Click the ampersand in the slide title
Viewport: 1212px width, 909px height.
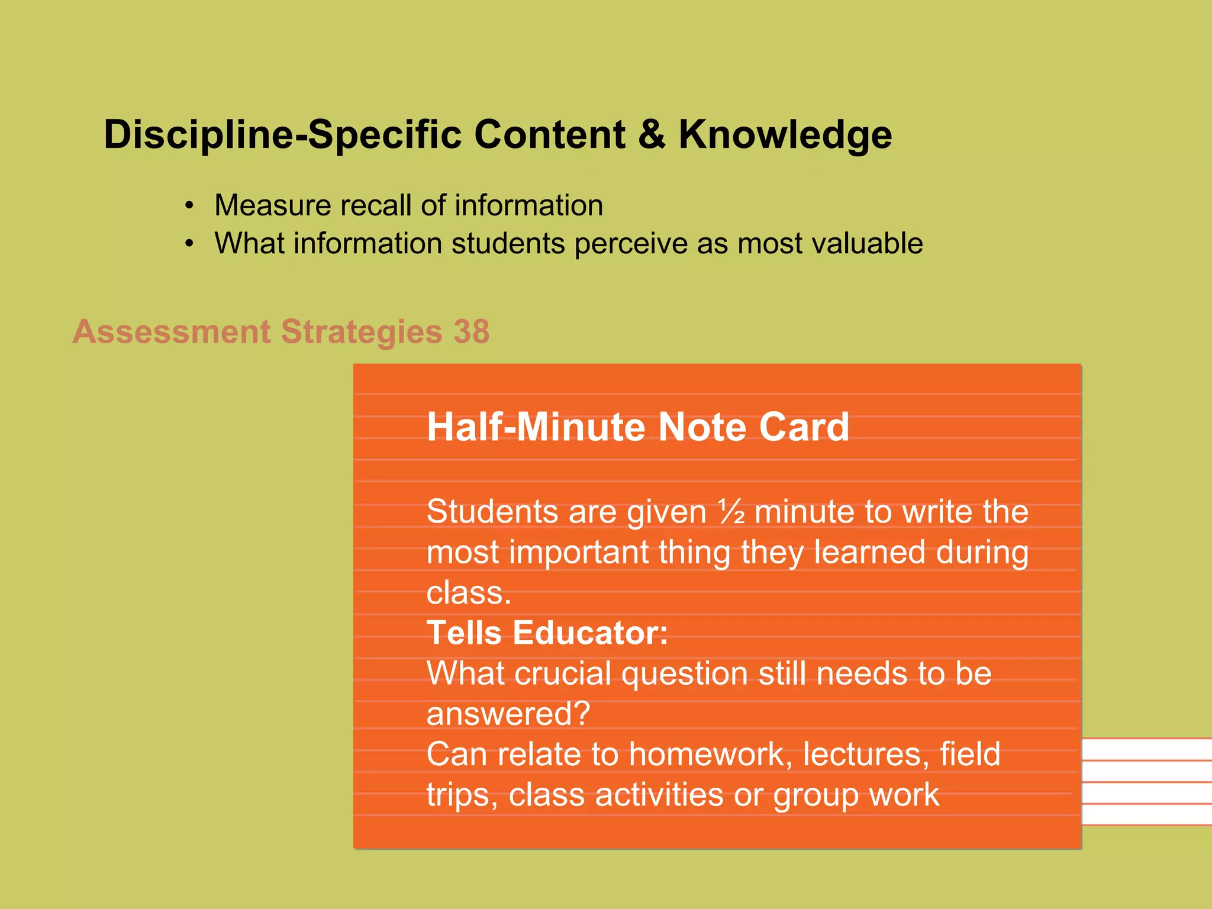click(x=652, y=135)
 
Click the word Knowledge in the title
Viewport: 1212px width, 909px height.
click(x=785, y=135)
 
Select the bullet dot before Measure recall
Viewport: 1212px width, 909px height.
click(x=189, y=206)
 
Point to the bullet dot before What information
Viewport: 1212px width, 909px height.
click(x=189, y=244)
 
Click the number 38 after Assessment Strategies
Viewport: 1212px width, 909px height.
click(x=472, y=331)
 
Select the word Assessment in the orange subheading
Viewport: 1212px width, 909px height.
click(x=171, y=331)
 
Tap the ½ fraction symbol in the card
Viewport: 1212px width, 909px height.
click(x=731, y=512)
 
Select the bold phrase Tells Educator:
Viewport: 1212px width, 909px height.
click(x=547, y=633)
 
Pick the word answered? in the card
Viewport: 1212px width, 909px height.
click(x=508, y=714)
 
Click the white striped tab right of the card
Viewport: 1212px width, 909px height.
click(x=1146, y=781)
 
